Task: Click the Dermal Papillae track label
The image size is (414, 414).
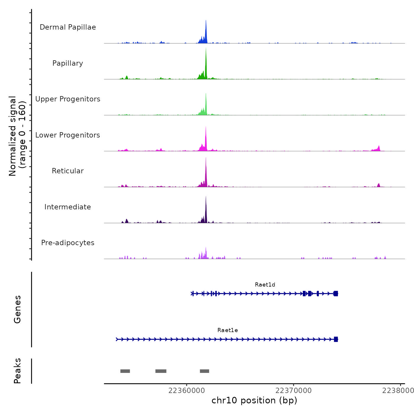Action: [x=68, y=27]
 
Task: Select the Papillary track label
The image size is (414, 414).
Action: [x=68, y=63]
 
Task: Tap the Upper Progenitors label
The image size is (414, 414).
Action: [x=68, y=99]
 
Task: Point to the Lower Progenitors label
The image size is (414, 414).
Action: [x=68, y=135]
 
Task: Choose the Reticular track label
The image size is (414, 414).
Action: [x=68, y=171]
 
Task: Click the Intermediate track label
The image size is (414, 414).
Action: [x=68, y=207]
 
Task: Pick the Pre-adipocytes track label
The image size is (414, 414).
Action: [x=68, y=243]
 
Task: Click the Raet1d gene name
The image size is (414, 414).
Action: [x=265, y=285]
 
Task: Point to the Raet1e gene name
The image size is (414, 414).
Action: [x=227, y=330]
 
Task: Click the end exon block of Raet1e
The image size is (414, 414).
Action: [x=336, y=339]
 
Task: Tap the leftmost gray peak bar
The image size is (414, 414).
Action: [x=125, y=371]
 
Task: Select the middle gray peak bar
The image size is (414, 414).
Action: [x=161, y=371]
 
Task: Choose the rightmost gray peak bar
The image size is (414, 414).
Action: [x=204, y=371]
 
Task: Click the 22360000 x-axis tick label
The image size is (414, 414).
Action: [x=187, y=391]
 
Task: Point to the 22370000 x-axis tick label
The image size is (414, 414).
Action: [x=293, y=391]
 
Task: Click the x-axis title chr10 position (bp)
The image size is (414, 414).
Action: [x=254, y=400]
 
